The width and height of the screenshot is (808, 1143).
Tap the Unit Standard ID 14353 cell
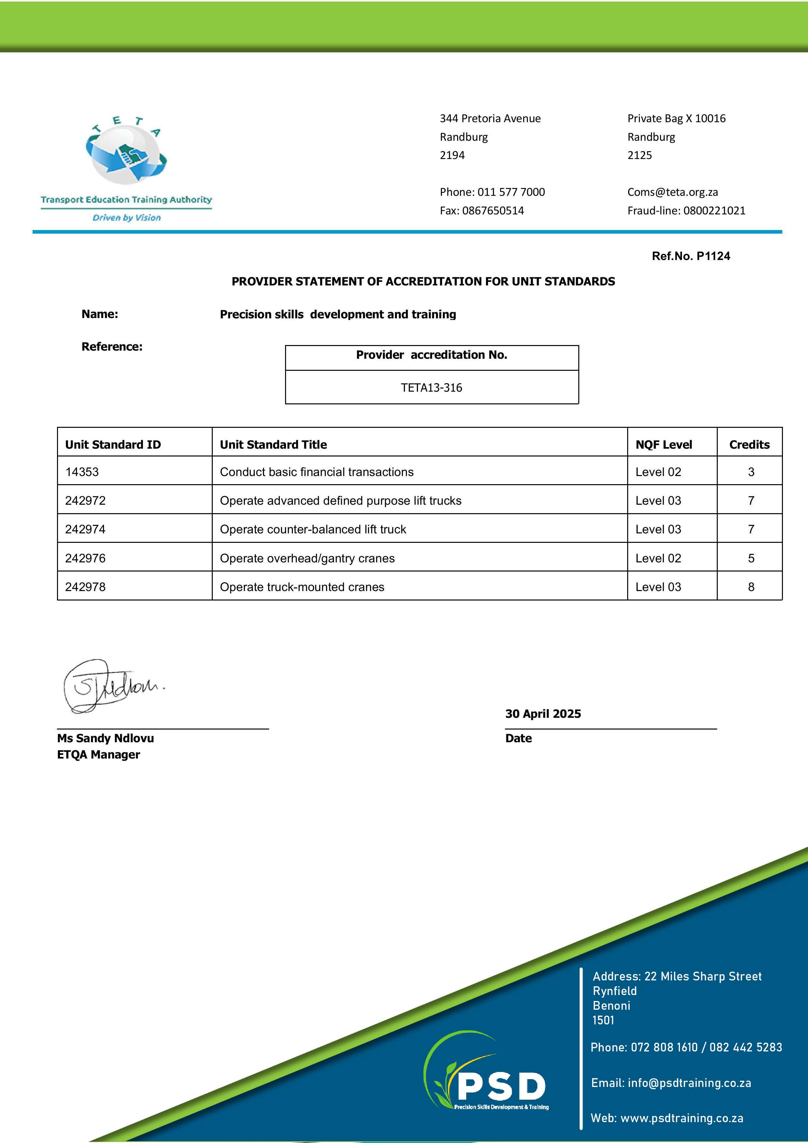tap(82, 471)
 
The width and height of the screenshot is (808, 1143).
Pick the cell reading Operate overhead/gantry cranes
tap(307, 558)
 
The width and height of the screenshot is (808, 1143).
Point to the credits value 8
tap(751, 586)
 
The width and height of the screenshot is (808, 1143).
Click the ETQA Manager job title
tap(99, 754)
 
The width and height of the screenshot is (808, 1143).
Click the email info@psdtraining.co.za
tap(689, 1083)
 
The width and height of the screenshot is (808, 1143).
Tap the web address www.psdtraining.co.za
tap(682, 1118)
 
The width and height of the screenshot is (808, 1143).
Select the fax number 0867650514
tap(493, 210)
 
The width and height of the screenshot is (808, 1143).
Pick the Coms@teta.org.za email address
tap(672, 192)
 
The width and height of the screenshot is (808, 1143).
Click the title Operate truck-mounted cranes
tap(302, 586)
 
